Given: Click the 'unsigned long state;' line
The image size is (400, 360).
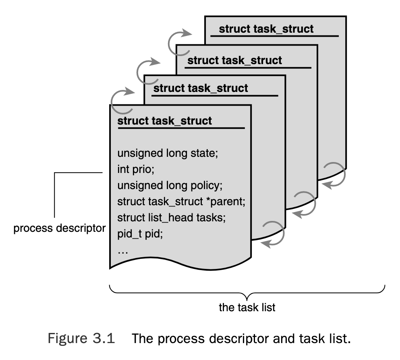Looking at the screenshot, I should (168, 154).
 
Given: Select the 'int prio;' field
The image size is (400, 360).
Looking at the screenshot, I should (136, 169).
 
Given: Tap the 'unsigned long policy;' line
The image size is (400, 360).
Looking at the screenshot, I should (170, 185).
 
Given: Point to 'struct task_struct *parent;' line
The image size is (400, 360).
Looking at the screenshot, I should (181, 201).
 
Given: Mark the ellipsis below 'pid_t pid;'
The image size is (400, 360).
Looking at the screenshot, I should (122, 251).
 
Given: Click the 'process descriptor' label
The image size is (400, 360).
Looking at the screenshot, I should (60, 228).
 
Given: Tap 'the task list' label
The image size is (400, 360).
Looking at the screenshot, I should (247, 307).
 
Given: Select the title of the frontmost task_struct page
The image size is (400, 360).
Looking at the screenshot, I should (164, 121).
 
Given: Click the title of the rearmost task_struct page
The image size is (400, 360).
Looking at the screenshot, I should (266, 29).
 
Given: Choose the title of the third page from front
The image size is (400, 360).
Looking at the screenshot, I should (234, 60).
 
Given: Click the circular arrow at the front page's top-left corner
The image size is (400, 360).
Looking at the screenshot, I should (121, 98).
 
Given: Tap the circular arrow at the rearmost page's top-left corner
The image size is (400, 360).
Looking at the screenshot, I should (179, 38).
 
